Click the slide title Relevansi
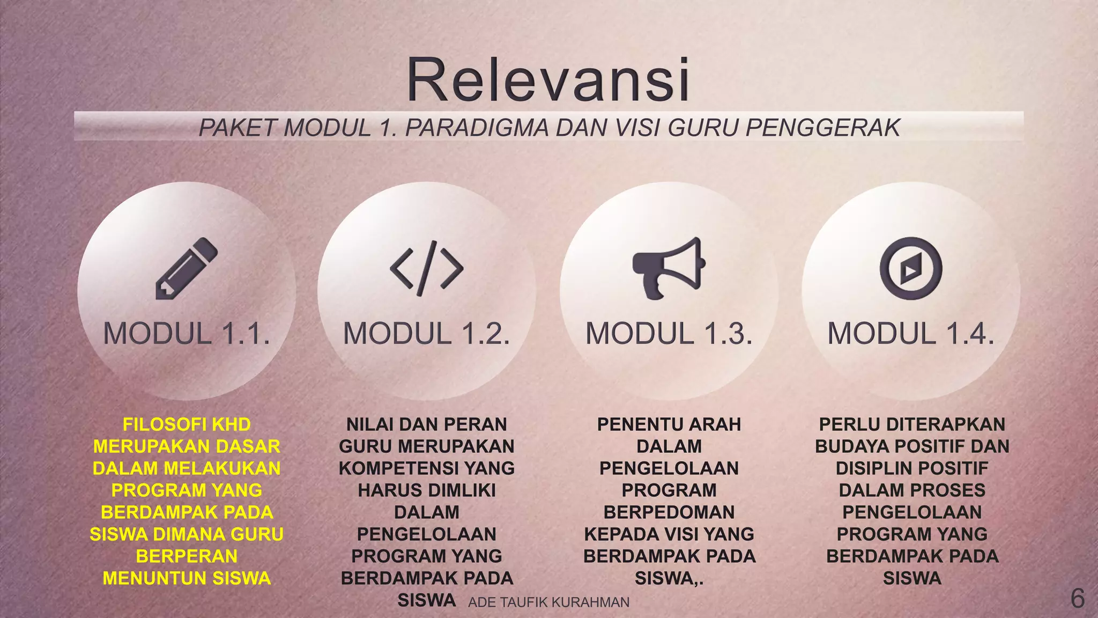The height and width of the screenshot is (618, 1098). [548, 80]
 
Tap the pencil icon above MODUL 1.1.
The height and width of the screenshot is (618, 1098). [186, 268]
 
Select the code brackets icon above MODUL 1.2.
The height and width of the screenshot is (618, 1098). [427, 268]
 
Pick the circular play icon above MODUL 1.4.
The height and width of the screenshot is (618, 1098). [911, 268]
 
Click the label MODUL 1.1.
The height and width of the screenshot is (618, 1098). [187, 334]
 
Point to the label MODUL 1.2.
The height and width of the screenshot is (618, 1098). [427, 334]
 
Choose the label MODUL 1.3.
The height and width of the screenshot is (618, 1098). [669, 334]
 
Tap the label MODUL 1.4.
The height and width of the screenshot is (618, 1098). [911, 334]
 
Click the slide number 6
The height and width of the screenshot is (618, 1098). [1077, 598]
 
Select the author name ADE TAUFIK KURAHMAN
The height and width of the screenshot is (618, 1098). [548, 602]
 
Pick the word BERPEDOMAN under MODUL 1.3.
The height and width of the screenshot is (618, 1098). [669, 512]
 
